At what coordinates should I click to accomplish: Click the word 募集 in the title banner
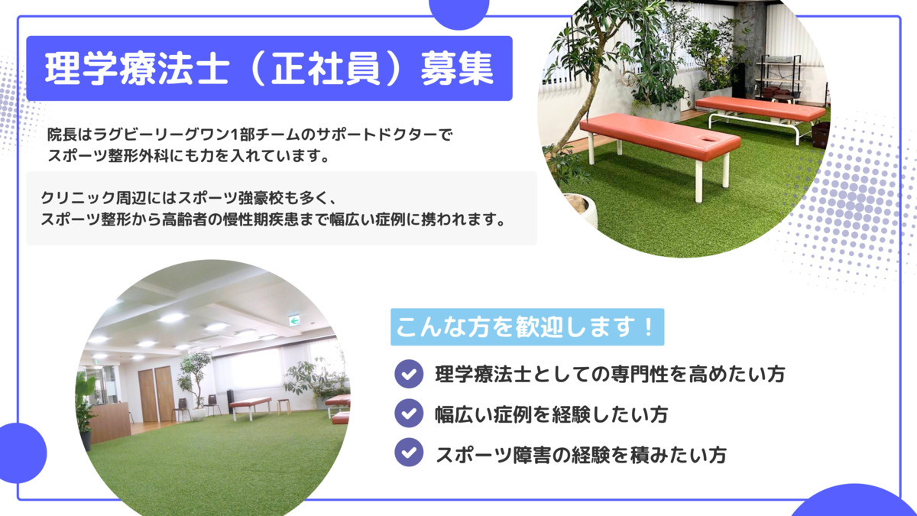coord(456,70)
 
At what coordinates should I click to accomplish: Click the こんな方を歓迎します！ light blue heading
coord(527,327)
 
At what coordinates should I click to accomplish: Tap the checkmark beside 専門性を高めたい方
coord(409,375)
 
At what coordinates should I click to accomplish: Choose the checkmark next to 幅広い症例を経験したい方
coord(409,414)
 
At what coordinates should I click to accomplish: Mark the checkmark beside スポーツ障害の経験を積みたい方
coord(409,454)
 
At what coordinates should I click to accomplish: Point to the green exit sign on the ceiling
coord(293,321)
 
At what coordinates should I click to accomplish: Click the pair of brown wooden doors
coord(156,394)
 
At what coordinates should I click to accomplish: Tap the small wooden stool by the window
coord(284,405)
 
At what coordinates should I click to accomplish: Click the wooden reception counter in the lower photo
coord(111,420)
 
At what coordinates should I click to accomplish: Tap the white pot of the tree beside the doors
coord(197,414)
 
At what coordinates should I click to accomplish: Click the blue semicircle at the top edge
coord(459,11)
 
